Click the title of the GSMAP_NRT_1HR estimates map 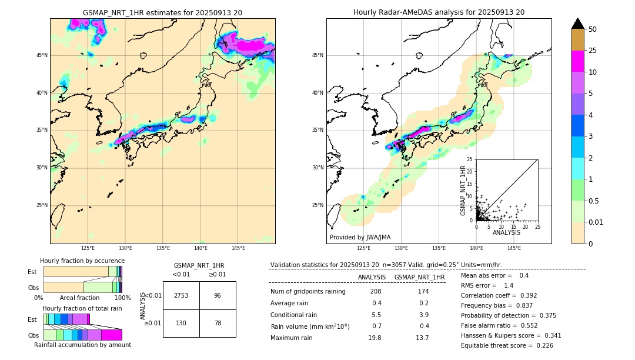(162, 12)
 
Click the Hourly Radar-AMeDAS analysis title (439, 12)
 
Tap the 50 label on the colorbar (593, 29)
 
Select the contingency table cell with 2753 (181, 295)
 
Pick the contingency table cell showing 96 (218, 295)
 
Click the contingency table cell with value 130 (181, 323)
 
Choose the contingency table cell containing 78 (218, 323)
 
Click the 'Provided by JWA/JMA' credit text (360, 237)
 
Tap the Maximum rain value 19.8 (375, 338)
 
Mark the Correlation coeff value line (498, 295)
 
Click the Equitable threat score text (507, 345)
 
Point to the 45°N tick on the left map (42, 55)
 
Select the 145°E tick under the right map (514, 248)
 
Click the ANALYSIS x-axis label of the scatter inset (506, 232)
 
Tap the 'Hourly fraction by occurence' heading (82, 261)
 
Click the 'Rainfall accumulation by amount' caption (82, 345)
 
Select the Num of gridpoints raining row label (308, 291)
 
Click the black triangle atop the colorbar (578, 24)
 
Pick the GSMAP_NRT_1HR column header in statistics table (419, 277)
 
